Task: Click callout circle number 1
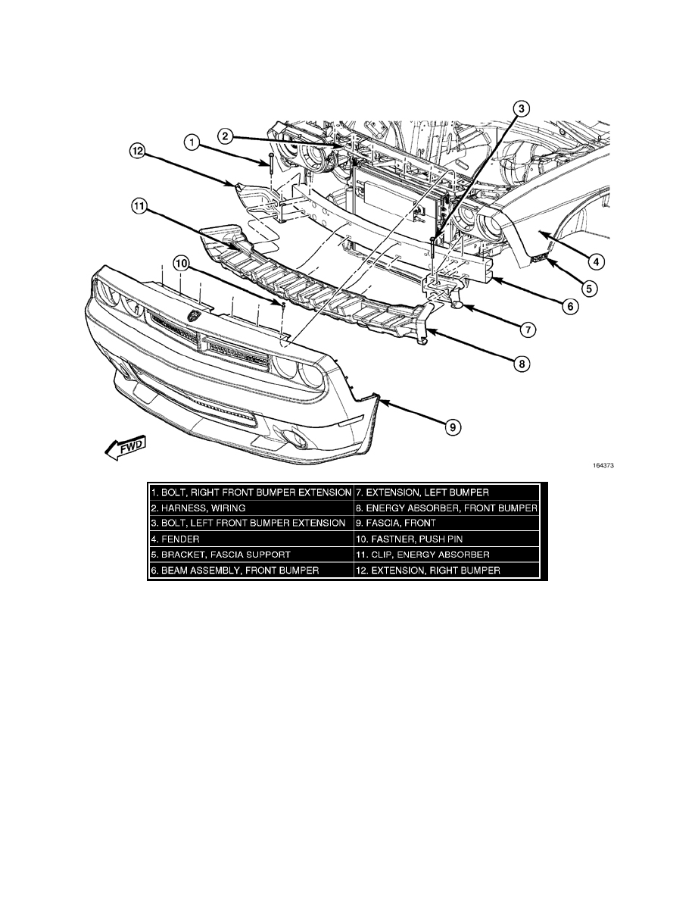(x=192, y=142)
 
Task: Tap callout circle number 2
(x=225, y=136)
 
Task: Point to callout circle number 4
(x=597, y=262)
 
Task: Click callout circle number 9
(x=452, y=428)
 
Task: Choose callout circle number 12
(x=136, y=152)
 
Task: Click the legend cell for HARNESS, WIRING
(x=251, y=508)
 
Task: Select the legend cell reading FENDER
(x=251, y=539)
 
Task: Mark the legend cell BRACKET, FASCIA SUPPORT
(x=251, y=555)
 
